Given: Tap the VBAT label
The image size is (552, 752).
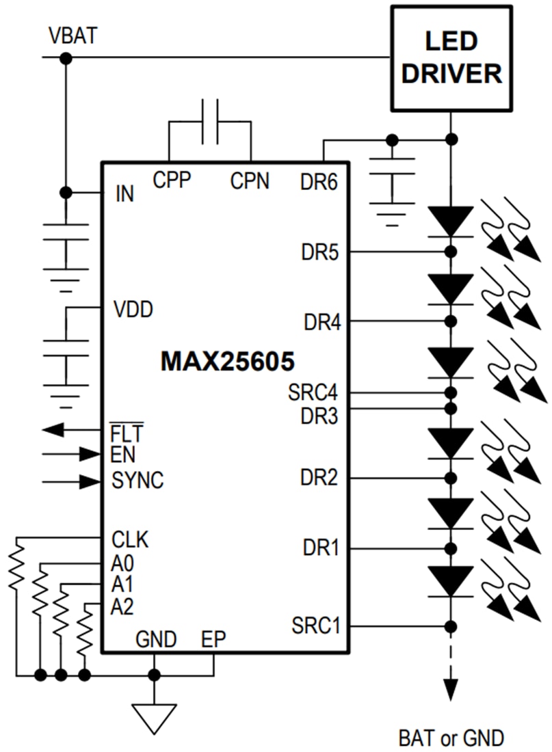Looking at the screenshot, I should point(73,36).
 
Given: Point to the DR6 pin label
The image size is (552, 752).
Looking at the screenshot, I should point(319,182).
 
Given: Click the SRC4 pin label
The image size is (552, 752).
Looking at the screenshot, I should point(313,394).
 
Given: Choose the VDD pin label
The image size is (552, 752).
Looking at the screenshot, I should point(133,309).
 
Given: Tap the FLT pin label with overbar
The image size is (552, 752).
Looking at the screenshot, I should point(127,432).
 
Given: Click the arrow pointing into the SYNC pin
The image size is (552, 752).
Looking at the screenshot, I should point(88,481).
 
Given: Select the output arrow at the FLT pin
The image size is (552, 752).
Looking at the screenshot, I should point(53,430).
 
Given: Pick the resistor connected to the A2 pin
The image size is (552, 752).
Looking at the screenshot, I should point(85,628).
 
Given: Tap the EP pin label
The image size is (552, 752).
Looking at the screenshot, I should point(213,640).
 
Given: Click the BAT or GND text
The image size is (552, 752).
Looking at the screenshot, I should point(451,738).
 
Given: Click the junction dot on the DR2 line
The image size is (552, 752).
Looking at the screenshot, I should point(450,477).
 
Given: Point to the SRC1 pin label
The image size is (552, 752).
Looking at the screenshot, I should point(315,625).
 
